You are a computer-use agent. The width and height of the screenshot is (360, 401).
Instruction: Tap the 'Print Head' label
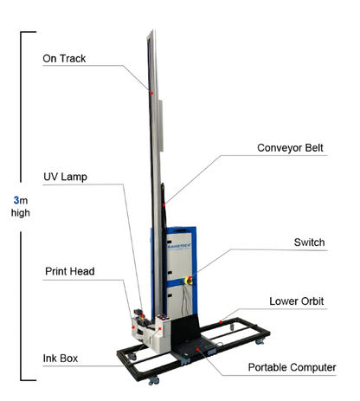pyautogui.click(x=69, y=271)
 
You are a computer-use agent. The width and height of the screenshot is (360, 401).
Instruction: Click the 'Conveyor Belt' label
pyautogui.click(x=290, y=147)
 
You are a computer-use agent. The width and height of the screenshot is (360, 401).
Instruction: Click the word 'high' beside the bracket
pyautogui.click(x=20, y=213)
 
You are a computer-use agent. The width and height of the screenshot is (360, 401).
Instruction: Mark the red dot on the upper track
pyautogui.click(x=151, y=91)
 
